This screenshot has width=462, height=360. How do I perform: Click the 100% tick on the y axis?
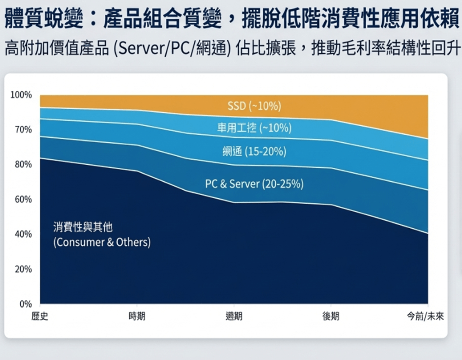[21, 95]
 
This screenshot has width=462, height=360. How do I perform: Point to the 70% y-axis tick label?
[23, 130]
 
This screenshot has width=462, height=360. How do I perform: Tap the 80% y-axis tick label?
[23, 164]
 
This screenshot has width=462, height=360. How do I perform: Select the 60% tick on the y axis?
[23, 199]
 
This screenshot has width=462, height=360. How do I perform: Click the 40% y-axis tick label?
[23, 234]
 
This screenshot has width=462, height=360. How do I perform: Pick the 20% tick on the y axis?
[23, 269]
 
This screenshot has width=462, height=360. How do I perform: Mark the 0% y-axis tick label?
[25, 304]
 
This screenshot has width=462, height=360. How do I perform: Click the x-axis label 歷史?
[40, 316]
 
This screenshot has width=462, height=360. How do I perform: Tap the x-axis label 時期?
[137, 316]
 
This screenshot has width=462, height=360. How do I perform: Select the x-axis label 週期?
[234, 316]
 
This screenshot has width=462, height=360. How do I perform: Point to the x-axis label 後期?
[331, 316]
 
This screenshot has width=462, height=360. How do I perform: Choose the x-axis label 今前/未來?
[425, 316]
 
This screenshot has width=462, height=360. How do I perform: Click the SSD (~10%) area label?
[254, 106]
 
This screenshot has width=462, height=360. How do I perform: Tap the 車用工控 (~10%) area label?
[254, 128]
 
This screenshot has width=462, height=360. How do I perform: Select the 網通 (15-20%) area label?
[254, 151]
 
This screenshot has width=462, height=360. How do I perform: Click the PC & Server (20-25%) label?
[254, 184]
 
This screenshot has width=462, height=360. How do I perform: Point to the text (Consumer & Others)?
[102, 242]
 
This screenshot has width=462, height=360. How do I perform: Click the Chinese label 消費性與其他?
[83, 227]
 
